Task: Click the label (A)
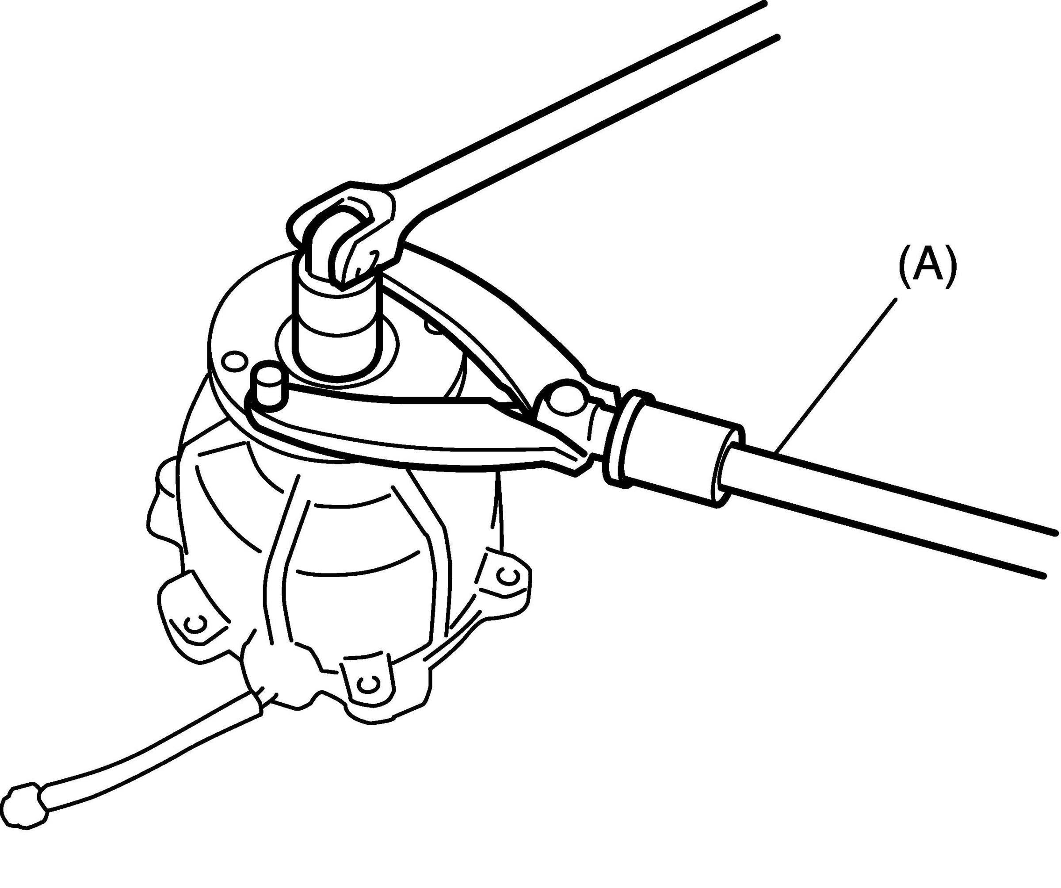click(x=927, y=267)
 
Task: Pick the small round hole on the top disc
click(x=234, y=361)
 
